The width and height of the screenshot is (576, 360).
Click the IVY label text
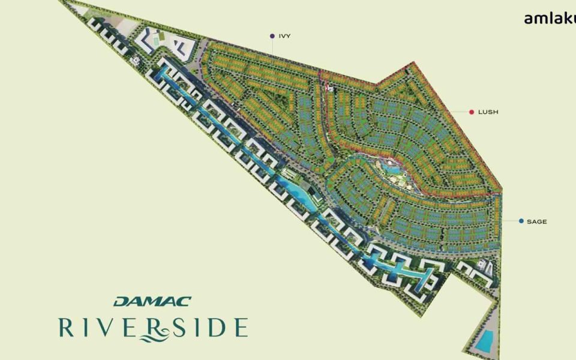pyautogui.click(x=284, y=36)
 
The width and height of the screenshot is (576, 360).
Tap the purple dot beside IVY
pyautogui.click(x=272, y=36)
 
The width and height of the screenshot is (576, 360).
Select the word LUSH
pyautogui.click(x=488, y=112)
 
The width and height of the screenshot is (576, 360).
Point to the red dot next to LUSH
pyautogui.click(x=472, y=112)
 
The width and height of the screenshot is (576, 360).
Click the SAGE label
pyautogui.click(x=536, y=221)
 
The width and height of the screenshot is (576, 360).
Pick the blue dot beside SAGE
pyautogui.click(x=521, y=221)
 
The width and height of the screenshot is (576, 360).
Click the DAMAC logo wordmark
pyautogui.click(x=152, y=301)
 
